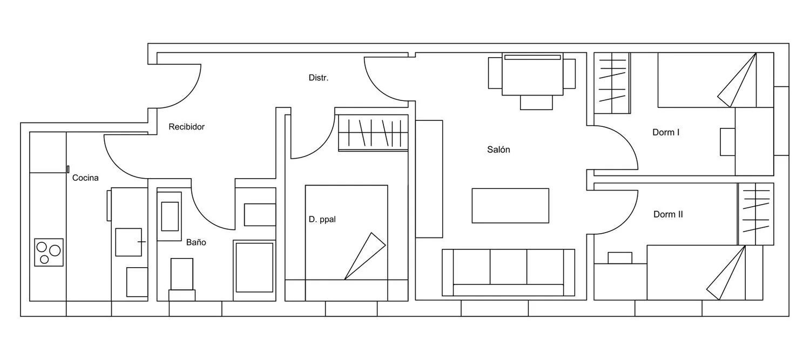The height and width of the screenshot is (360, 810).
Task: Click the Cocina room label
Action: coord(85,178)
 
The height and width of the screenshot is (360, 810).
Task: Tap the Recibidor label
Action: coord(187,127)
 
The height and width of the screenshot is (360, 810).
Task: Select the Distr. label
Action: coord(319,78)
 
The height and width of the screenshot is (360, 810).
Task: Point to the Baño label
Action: coord(196,242)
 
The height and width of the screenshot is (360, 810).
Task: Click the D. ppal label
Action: coord(322,219)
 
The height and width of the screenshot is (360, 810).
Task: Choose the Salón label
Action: coord(498,150)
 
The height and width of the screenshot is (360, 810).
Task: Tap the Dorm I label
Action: coord(666,132)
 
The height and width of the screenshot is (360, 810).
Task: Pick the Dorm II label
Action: coord(669,214)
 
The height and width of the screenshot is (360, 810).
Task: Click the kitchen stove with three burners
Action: coord(49,252)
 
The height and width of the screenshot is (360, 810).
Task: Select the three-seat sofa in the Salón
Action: coord(509,273)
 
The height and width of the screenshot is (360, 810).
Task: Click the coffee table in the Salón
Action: coord(510,206)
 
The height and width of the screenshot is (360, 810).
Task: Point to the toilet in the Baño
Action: coord(182,279)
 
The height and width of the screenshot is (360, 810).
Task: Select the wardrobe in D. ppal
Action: coord(373,133)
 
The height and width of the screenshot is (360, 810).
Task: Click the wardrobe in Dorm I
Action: coord(612,83)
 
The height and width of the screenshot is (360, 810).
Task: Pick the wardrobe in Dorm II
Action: coord(756,214)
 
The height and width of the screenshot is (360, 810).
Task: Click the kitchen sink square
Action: coord(129,242)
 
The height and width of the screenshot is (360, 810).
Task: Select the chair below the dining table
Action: coord(536,103)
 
